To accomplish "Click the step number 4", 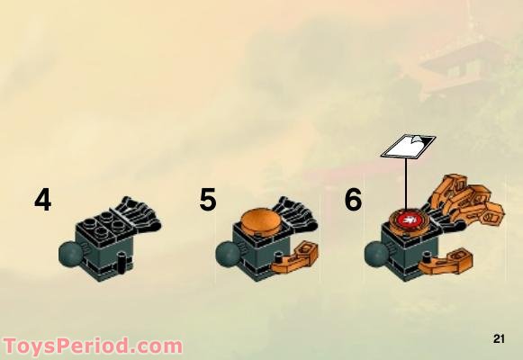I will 42,199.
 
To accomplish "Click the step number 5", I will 208,199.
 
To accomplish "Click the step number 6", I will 353,199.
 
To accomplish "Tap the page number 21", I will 500,338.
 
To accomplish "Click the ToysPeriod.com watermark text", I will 92,346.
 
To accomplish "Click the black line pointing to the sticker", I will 407,184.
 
